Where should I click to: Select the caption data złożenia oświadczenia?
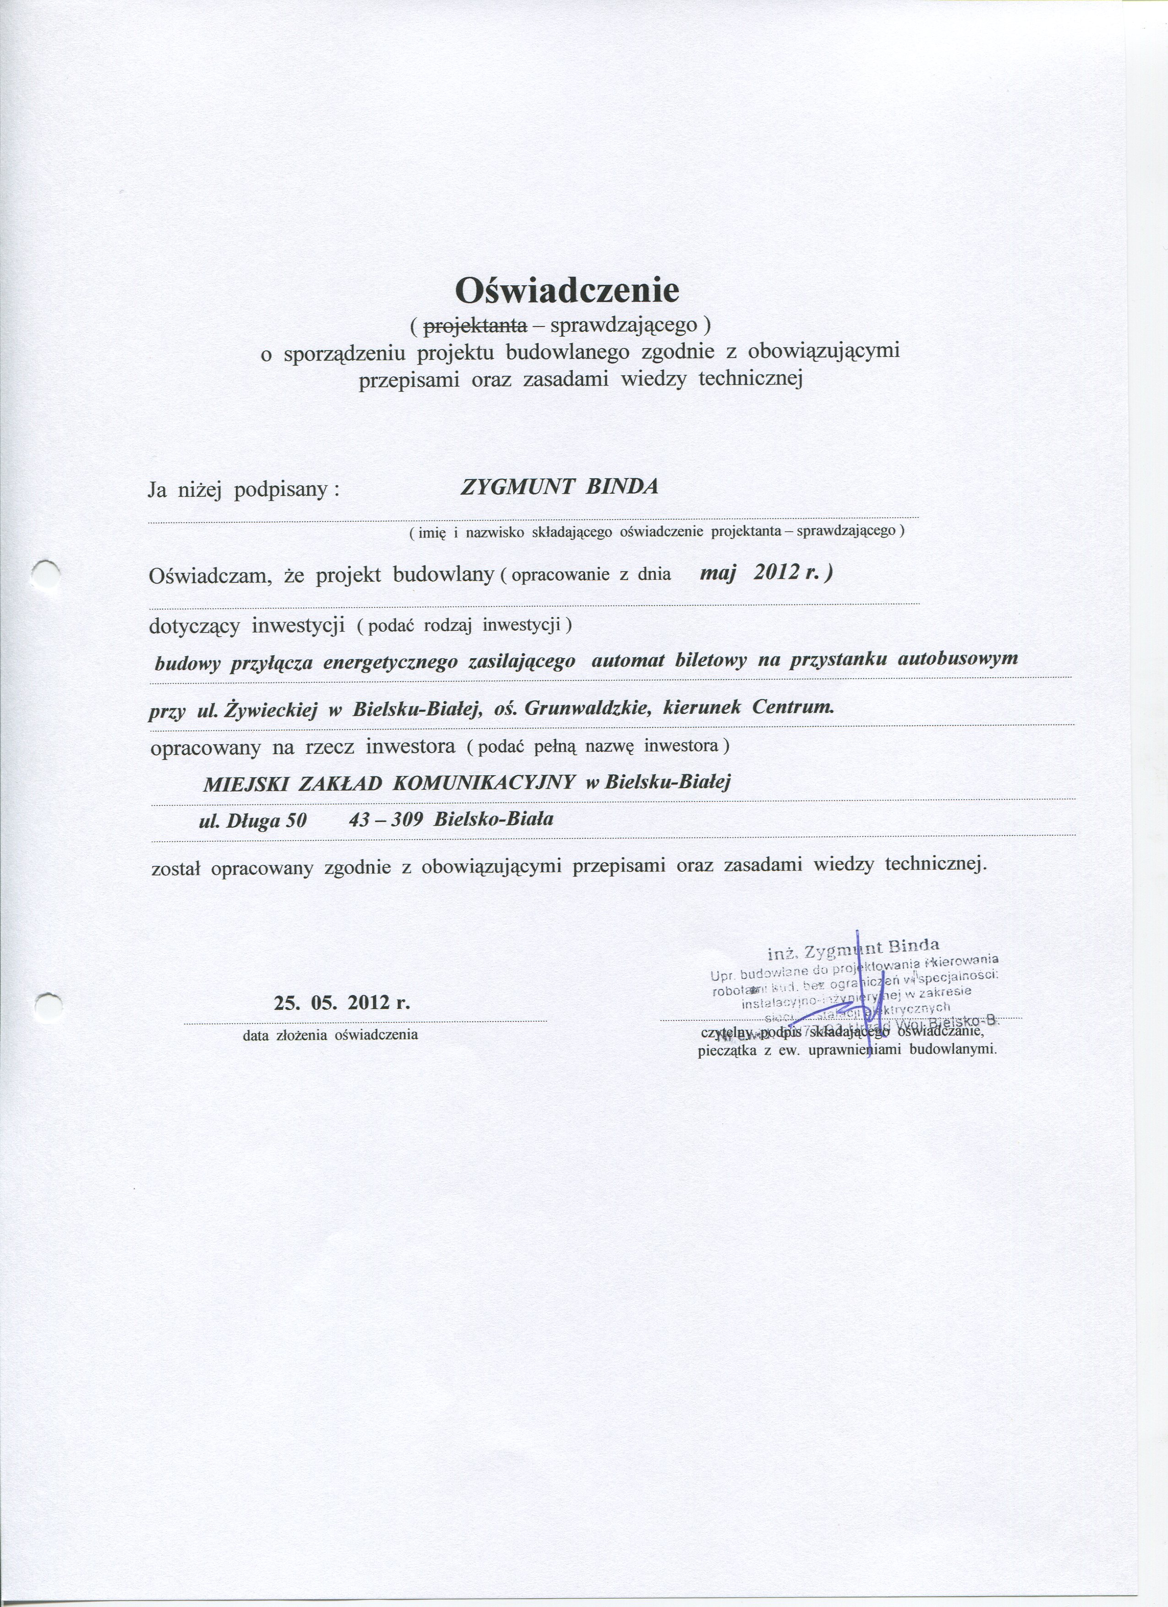click(330, 1035)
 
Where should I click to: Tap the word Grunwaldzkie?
click(585, 708)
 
